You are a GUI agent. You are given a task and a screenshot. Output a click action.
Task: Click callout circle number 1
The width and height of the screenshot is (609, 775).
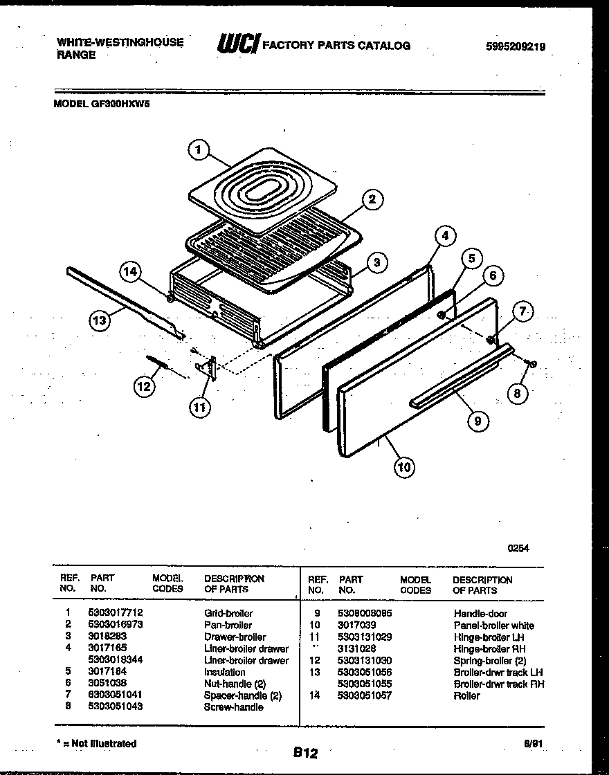point(198,149)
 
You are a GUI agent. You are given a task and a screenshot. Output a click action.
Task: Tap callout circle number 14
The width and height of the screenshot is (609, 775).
point(129,272)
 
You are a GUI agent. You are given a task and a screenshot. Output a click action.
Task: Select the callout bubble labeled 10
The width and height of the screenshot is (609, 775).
point(403,467)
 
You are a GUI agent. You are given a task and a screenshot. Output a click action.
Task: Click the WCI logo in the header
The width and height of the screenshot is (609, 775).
point(239,44)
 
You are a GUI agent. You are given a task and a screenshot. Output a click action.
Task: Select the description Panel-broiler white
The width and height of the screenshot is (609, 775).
point(493,625)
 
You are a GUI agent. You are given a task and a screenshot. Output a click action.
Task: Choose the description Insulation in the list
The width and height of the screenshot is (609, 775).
point(224,672)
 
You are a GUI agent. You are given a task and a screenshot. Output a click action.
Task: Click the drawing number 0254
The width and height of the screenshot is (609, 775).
point(518,547)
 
